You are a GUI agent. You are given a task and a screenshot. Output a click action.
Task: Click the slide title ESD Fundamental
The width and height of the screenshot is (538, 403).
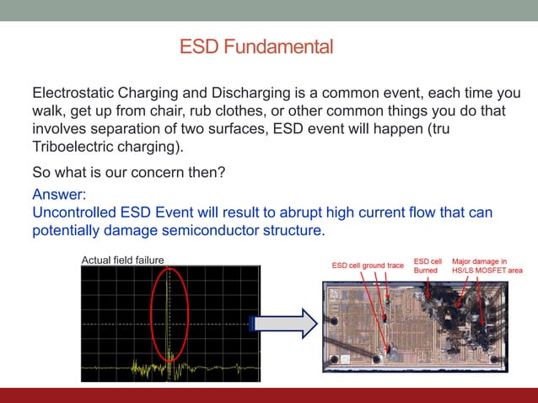point(256,46)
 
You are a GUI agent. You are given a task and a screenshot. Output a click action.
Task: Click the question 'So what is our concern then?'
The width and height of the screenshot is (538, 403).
point(129,173)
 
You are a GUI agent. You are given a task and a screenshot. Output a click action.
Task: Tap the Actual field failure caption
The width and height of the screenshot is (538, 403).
point(121,260)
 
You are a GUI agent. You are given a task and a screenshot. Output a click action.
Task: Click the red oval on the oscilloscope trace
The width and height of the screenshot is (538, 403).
point(170,319)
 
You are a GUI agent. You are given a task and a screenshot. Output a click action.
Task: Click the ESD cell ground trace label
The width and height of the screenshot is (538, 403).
point(368,266)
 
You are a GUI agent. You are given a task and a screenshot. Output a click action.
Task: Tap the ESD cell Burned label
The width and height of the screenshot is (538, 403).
point(427,266)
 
